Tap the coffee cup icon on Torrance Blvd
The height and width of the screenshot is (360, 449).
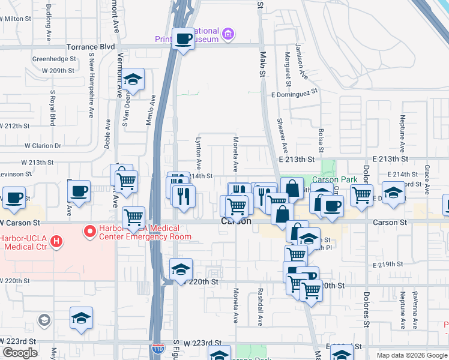(184, 39)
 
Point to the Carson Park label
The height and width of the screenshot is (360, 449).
(334, 179)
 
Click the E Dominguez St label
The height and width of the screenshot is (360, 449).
(294, 94)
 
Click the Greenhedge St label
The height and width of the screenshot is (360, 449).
(53, 59)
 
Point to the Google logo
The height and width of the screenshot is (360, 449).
(20, 353)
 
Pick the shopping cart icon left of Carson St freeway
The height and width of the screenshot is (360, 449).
(133, 216)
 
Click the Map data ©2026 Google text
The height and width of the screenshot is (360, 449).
(412, 355)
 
